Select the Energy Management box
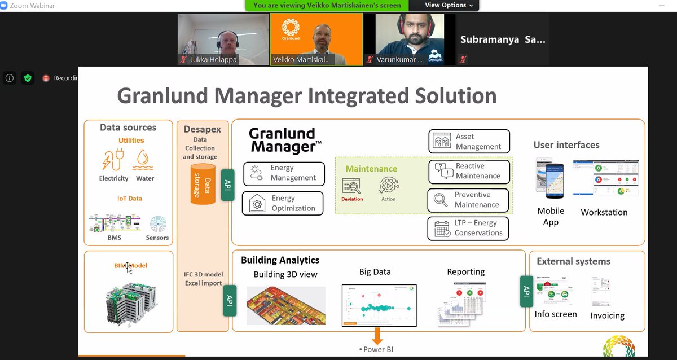[x=284, y=173]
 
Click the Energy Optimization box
[x=283, y=203]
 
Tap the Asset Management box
[x=469, y=141]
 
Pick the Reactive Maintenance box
[x=469, y=171]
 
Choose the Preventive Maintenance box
[x=468, y=200]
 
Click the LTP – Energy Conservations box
[x=468, y=228]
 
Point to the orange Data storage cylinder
[x=203, y=184]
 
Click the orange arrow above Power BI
[x=377, y=336]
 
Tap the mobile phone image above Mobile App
[x=549, y=177]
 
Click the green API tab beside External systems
[x=526, y=291]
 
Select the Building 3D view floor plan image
[x=286, y=305]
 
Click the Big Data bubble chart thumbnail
[x=379, y=305]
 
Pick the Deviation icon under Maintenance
[x=351, y=186]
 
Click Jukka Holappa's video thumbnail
[x=223, y=39]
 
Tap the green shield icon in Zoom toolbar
[x=28, y=78]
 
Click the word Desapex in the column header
[x=203, y=129]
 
